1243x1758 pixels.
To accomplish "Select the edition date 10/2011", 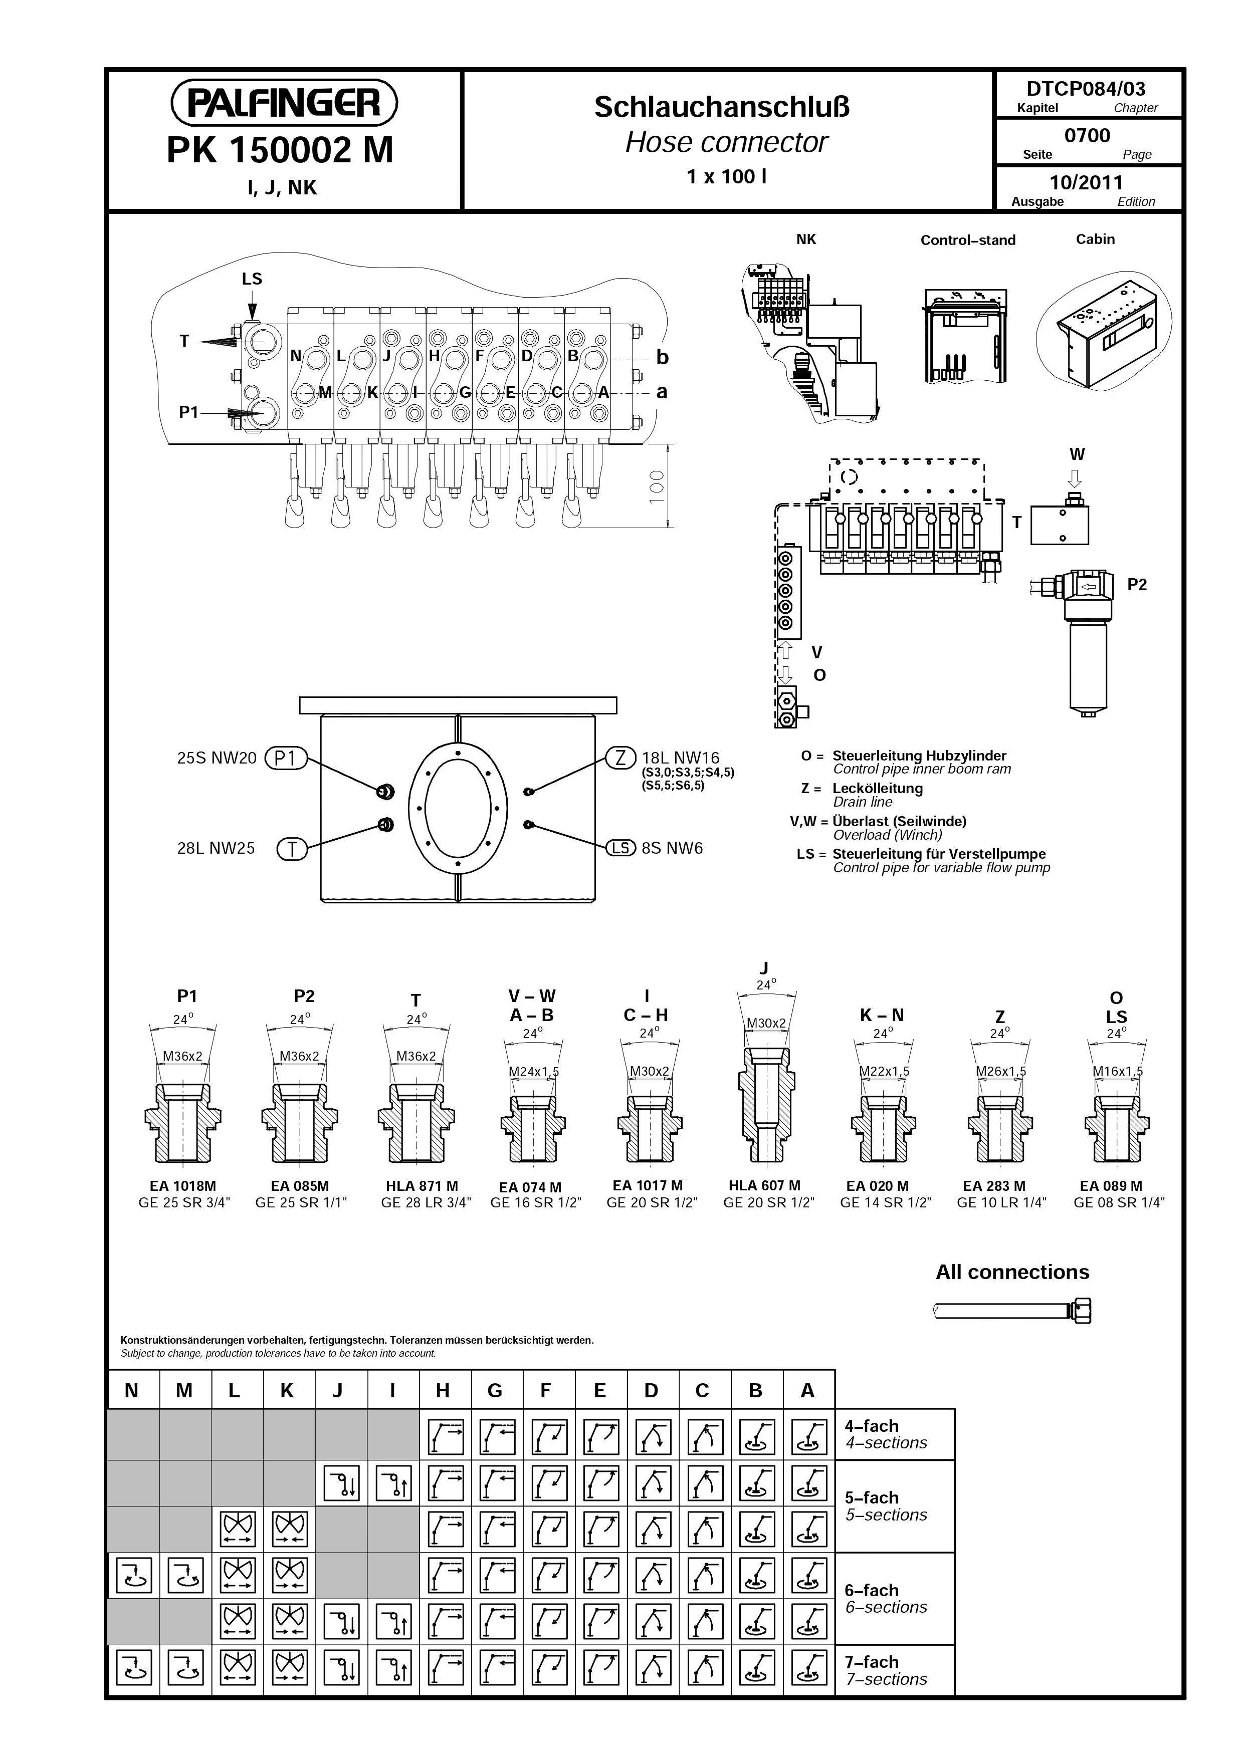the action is [1086, 182].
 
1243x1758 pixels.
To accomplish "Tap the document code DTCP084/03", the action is [1087, 89].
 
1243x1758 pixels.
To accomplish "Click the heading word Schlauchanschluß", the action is [722, 107].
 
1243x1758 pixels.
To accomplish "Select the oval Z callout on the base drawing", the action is [620, 758].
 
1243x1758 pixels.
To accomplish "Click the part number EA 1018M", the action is [184, 1186].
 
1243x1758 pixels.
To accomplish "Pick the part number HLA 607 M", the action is [764, 1185].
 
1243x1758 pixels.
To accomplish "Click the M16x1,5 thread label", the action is [1117, 1071].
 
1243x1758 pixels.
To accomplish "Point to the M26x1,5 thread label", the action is [1001, 1071].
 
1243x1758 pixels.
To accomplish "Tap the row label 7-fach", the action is [872, 1662].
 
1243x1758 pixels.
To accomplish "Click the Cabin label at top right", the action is [1095, 239].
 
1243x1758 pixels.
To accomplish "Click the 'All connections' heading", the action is [1012, 1273].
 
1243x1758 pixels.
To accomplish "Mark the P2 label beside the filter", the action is [1137, 585].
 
